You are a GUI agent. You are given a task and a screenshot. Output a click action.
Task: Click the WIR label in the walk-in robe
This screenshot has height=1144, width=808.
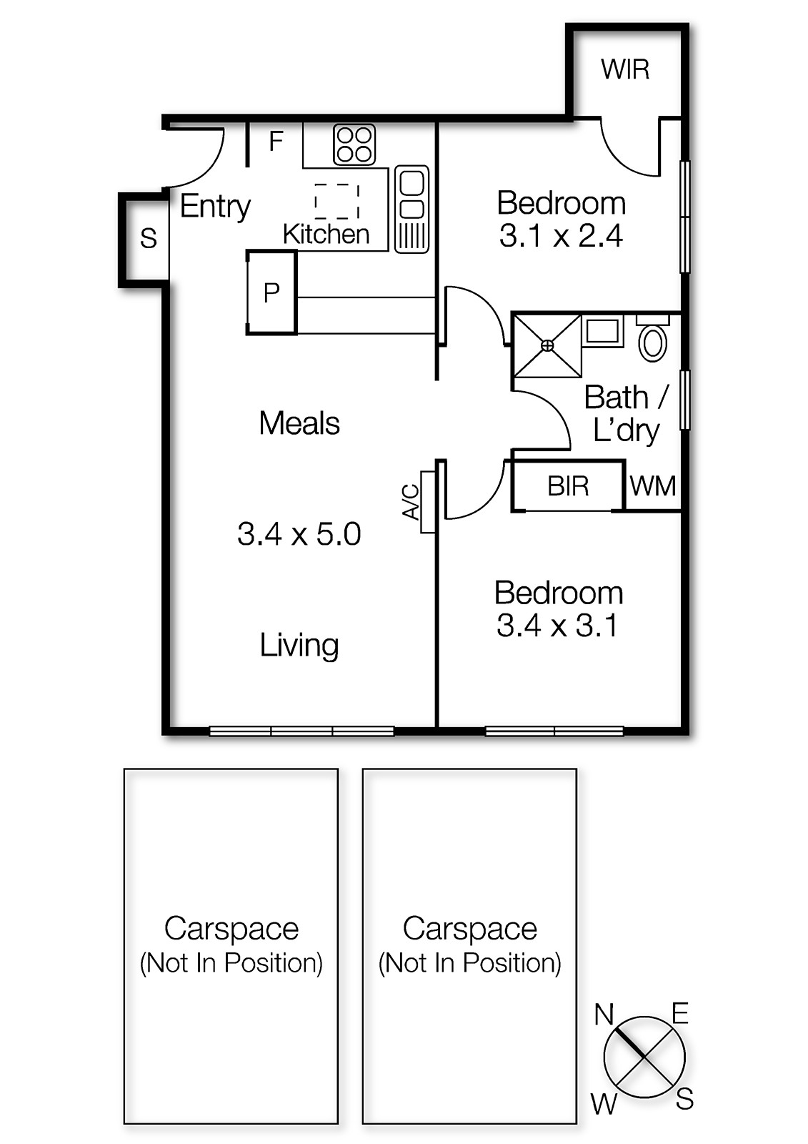[625, 70]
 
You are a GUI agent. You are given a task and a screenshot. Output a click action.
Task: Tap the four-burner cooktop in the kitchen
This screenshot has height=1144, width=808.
[354, 144]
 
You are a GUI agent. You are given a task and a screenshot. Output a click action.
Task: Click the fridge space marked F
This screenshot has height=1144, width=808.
[276, 142]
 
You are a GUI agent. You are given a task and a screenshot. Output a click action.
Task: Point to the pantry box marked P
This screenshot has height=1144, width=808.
[271, 292]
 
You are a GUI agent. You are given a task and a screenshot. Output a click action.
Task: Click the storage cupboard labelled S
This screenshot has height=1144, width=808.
[148, 238]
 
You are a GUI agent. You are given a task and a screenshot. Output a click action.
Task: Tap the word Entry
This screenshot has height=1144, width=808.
[215, 207]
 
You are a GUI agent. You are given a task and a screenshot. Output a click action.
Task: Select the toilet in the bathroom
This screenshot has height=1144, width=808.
[652, 342]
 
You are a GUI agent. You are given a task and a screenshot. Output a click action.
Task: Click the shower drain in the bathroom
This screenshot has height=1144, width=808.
[547, 345]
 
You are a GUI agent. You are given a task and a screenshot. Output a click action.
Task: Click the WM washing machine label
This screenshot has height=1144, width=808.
[653, 487]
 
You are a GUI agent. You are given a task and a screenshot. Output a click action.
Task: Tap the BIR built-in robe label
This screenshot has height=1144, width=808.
[568, 487]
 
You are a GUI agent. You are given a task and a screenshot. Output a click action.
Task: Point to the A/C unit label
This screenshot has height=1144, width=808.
[411, 502]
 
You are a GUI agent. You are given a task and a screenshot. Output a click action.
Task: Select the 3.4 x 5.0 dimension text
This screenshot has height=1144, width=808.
[299, 534]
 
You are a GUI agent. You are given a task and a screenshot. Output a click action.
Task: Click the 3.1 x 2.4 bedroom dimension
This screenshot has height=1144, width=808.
[561, 236]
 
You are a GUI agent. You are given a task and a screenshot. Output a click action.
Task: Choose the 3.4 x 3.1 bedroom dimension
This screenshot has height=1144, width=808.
[557, 626]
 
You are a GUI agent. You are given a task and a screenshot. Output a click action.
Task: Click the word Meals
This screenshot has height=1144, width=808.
[299, 423]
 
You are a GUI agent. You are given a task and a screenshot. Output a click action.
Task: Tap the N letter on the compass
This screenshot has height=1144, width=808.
[604, 1014]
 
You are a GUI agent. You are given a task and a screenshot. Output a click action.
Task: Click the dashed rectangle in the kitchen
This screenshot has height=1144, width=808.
[336, 201]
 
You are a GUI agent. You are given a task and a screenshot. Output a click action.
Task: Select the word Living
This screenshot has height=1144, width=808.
[299, 645]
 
